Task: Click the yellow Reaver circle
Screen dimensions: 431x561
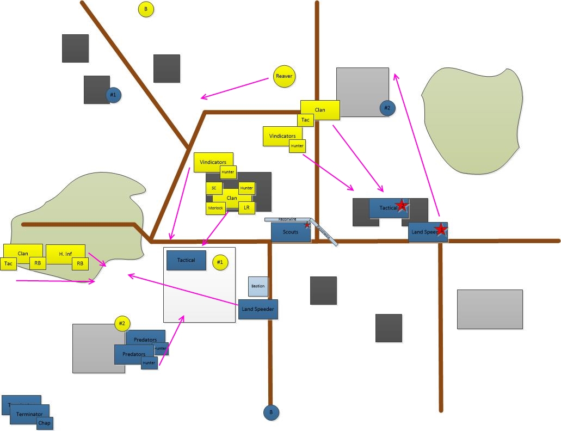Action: coord(284,76)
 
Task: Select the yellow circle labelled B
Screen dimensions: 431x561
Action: coord(146,9)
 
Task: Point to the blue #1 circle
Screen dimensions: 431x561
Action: coord(113,95)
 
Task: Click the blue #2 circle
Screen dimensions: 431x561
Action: coord(387,108)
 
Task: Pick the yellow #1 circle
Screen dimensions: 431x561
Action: coord(220,262)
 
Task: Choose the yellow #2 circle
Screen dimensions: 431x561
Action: coord(122,323)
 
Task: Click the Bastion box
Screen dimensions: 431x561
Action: coord(258,286)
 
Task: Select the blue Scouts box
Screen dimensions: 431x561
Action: coord(291,232)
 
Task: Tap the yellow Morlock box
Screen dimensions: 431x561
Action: coord(215,208)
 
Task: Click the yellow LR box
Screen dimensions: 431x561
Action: coord(246,208)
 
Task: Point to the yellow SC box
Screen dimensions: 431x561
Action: coord(214,188)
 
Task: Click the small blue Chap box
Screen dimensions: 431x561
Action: coord(45,423)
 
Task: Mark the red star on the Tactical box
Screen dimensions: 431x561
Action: coord(402,205)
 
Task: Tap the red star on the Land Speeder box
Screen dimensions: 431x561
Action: coord(441,230)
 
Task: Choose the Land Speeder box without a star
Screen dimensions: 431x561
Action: coord(258,309)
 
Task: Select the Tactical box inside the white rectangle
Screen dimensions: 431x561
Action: coord(186,260)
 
